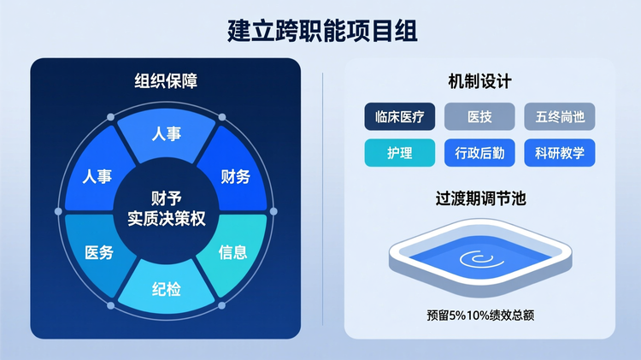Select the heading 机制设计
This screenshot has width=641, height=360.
pos(479,81)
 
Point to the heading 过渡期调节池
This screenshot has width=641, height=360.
pos(479,199)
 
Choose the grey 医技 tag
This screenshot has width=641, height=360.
pos(479,116)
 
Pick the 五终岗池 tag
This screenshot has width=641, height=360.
pos(560,116)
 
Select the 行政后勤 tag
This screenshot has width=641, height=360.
pos(479,153)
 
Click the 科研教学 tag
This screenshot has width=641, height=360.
pos(560,153)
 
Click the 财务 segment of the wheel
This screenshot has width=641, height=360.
pos(236,177)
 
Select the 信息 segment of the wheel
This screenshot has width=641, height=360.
pos(233,251)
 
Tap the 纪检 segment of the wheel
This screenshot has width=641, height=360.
pos(167,289)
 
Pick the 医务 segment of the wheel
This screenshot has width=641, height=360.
pos(99,252)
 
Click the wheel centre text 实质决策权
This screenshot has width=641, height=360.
pos(167,220)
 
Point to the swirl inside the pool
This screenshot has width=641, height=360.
pos(475,258)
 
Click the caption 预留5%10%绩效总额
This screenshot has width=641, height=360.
pos(479,314)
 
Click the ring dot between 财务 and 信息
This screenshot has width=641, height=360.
pos(273,211)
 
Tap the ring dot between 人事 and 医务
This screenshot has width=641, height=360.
pos(59,211)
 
